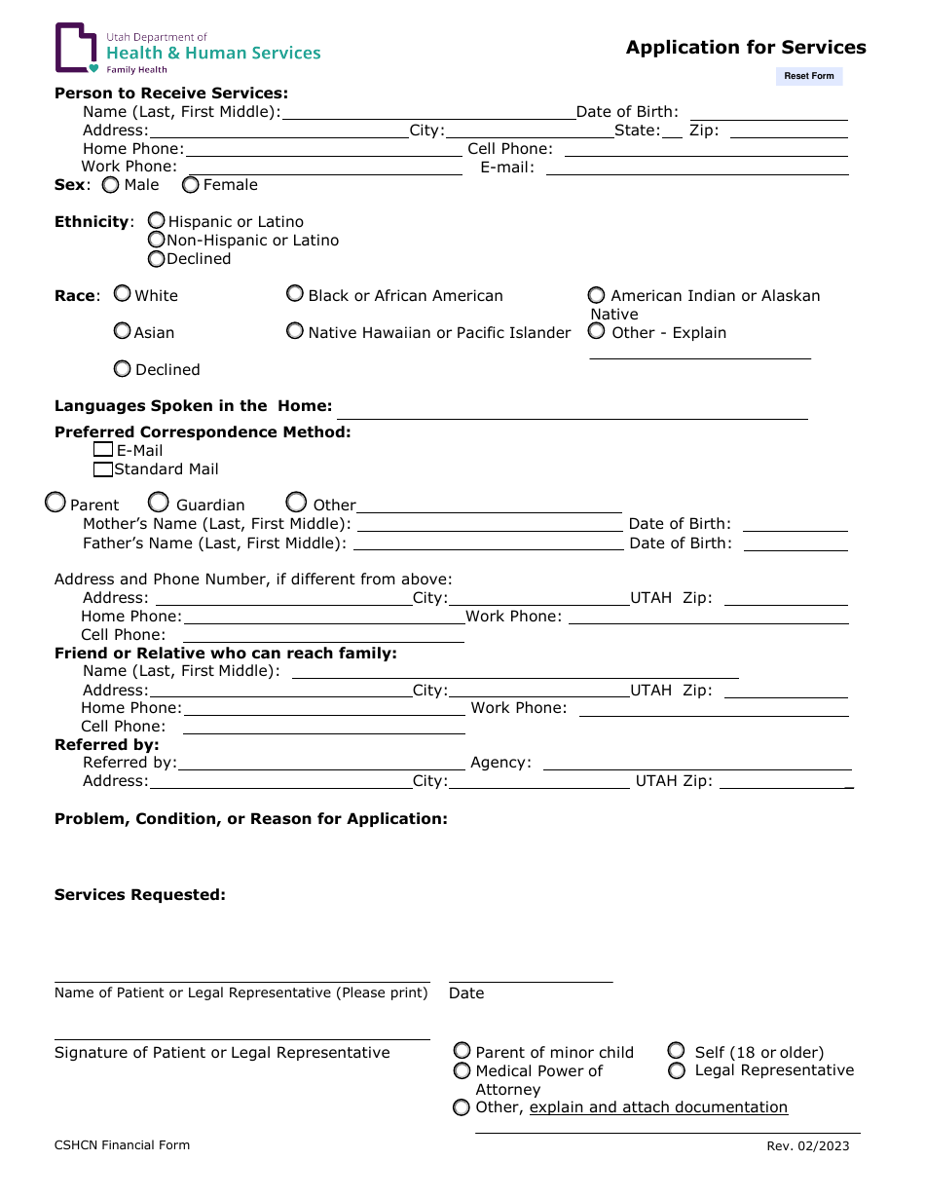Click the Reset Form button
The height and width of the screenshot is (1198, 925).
click(808, 76)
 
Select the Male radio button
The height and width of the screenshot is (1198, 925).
click(112, 184)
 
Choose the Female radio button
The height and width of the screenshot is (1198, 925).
click(191, 184)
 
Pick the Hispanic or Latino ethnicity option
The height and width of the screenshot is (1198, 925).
click(156, 221)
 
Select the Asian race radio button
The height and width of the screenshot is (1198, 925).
click(122, 331)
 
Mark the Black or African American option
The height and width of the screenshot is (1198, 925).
click(294, 293)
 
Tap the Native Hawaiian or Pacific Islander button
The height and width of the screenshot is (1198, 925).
click(294, 331)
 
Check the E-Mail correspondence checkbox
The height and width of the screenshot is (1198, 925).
click(103, 450)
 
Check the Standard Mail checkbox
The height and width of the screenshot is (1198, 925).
click(103, 469)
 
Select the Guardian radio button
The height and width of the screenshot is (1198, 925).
click(158, 503)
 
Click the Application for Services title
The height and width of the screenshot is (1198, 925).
click(746, 48)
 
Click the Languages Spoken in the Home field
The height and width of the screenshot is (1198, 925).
click(572, 409)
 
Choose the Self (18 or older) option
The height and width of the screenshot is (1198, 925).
click(676, 1051)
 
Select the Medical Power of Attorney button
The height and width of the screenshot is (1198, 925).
click(462, 1070)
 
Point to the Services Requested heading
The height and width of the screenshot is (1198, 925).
click(140, 894)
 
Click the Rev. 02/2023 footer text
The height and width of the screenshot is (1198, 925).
click(807, 1145)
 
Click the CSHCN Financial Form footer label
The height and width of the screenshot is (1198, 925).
click(122, 1145)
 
